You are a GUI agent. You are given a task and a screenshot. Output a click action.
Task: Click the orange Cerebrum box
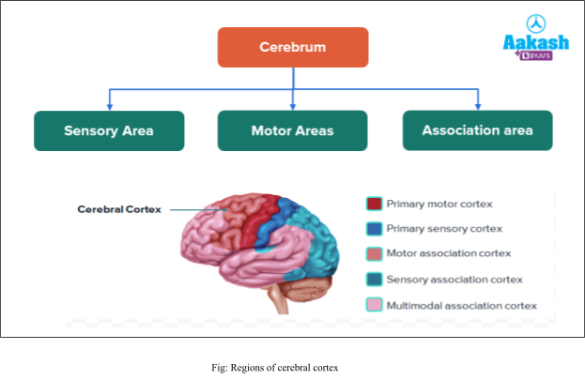pyautogui.click(x=292, y=47)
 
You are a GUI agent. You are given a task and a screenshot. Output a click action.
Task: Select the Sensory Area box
pyautogui.click(x=109, y=130)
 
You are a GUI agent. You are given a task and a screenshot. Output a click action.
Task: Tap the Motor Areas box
pyautogui.click(x=292, y=130)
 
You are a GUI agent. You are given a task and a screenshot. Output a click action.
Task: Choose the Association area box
pyautogui.click(x=477, y=130)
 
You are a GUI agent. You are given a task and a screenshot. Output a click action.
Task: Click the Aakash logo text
pyautogui.click(x=536, y=42)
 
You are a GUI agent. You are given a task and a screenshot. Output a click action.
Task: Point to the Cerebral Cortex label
pyautogui.click(x=119, y=209)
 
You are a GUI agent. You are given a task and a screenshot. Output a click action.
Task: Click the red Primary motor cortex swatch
pyautogui.click(x=374, y=204)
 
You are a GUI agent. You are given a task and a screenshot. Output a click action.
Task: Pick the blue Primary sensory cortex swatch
pyautogui.click(x=374, y=228)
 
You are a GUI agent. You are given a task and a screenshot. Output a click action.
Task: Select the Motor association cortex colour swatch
pyautogui.click(x=374, y=253)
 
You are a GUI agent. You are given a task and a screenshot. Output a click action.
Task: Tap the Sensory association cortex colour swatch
pyautogui.click(x=374, y=279)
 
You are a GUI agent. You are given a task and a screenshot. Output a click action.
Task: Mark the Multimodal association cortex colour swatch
pyautogui.click(x=374, y=305)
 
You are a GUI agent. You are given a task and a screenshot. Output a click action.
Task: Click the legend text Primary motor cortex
pyautogui.click(x=439, y=204)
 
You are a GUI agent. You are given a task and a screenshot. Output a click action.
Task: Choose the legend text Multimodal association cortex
pyautogui.click(x=462, y=305)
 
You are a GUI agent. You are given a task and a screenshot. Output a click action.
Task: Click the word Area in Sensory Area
pyautogui.click(x=135, y=130)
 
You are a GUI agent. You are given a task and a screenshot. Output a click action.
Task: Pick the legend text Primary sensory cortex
pyautogui.click(x=444, y=228)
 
